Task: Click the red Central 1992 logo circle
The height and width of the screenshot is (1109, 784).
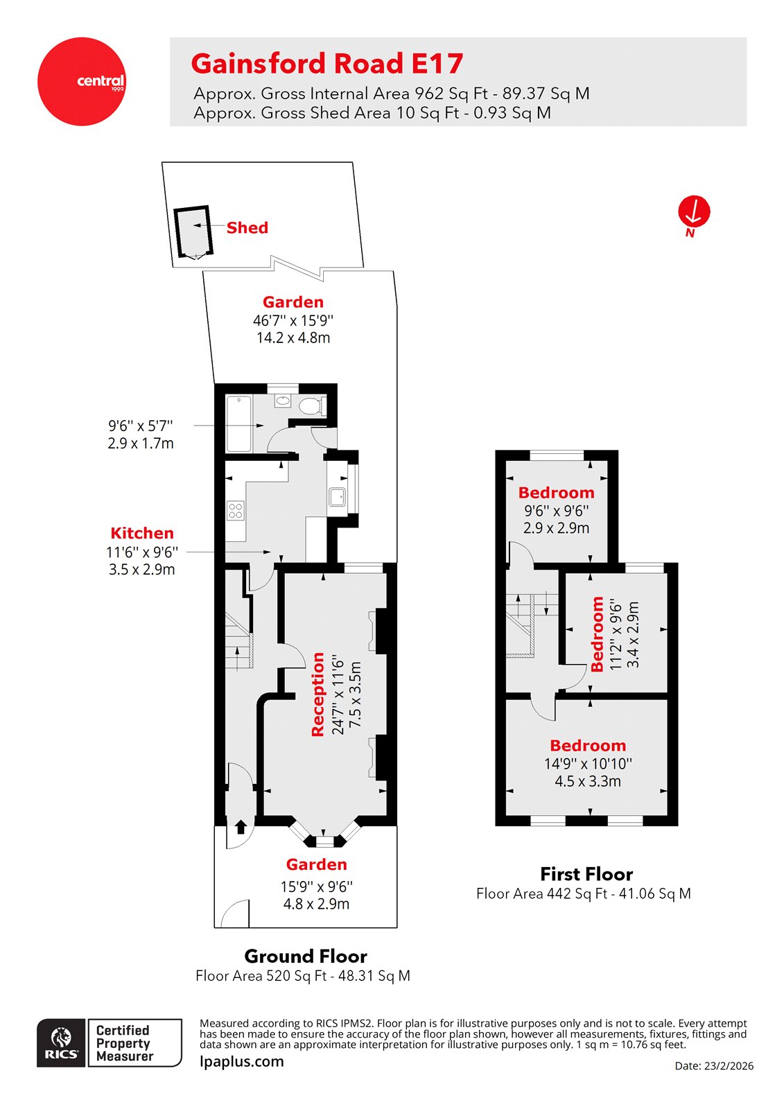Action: click(82, 82)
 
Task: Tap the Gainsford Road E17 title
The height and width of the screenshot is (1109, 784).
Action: click(326, 64)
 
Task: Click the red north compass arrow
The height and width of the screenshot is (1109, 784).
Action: click(694, 211)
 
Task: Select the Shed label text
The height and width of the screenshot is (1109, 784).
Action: click(247, 228)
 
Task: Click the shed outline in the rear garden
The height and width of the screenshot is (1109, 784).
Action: click(191, 232)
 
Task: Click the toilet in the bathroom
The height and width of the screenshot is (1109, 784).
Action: click(311, 405)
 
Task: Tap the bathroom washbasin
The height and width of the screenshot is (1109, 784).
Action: click(283, 401)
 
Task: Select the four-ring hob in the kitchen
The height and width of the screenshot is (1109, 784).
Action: click(236, 511)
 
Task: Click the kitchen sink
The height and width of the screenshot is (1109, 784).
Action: click(338, 497)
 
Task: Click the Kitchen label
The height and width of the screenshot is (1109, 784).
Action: click(142, 533)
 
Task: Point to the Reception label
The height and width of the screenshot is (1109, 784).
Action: click(318, 694)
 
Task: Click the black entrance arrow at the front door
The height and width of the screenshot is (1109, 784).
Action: click(241, 826)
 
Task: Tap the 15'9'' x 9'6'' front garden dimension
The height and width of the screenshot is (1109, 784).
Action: click(316, 887)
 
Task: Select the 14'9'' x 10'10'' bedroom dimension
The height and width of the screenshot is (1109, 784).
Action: click(588, 764)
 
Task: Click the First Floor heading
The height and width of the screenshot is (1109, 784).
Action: click(586, 874)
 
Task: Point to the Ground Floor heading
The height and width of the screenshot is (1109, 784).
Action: click(306, 957)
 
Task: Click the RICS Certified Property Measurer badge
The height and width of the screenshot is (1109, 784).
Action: click(110, 1042)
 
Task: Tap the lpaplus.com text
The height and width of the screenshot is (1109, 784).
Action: click(241, 1061)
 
